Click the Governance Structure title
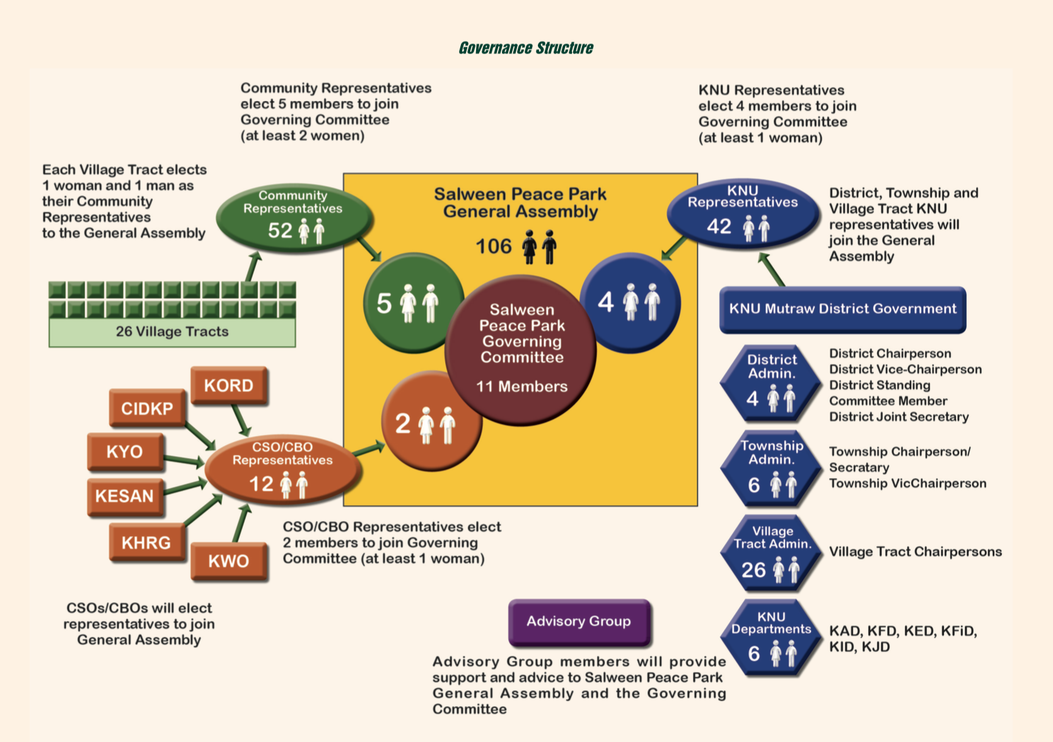pos(526,48)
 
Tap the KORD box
pos(229,385)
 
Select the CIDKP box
pos(147,409)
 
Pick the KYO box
pos(125,452)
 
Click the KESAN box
pos(125,496)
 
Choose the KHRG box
pos(146,542)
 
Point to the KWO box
pos(229,561)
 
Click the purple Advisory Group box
pos(579,622)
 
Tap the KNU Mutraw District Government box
pos(842,309)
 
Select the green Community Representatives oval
pos(293,217)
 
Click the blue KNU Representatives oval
pos(742,214)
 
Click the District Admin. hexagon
pos(771,383)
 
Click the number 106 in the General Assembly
pos(494,246)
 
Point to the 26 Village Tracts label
pos(172,332)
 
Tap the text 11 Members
pos(521,387)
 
